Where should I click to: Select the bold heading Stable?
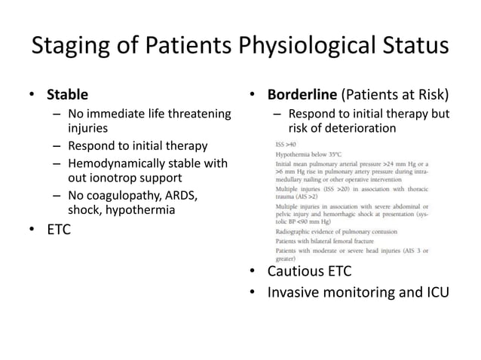(67, 95)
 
